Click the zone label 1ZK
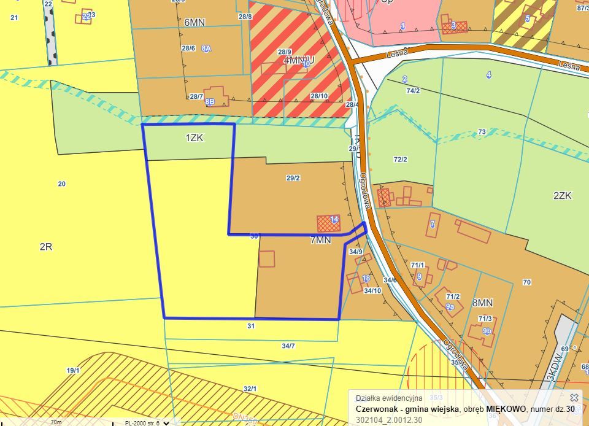pyautogui.click(x=194, y=138)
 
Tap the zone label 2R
pyautogui.click(x=46, y=247)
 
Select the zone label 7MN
pyautogui.click(x=320, y=240)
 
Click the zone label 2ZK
pyautogui.click(x=562, y=196)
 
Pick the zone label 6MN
pyautogui.click(x=194, y=23)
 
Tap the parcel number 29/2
pyautogui.click(x=293, y=179)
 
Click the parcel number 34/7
pyautogui.click(x=288, y=346)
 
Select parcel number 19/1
pyautogui.click(x=73, y=370)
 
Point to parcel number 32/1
pyautogui.click(x=249, y=389)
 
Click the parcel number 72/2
pyautogui.click(x=400, y=160)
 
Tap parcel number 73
pyautogui.click(x=482, y=132)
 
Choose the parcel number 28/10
pyautogui.click(x=319, y=96)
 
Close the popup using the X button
pyautogui.click(x=574, y=398)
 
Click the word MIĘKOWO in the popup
pyautogui.click(x=506, y=409)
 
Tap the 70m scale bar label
pyautogui.click(x=56, y=422)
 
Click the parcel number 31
pyautogui.click(x=250, y=326)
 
